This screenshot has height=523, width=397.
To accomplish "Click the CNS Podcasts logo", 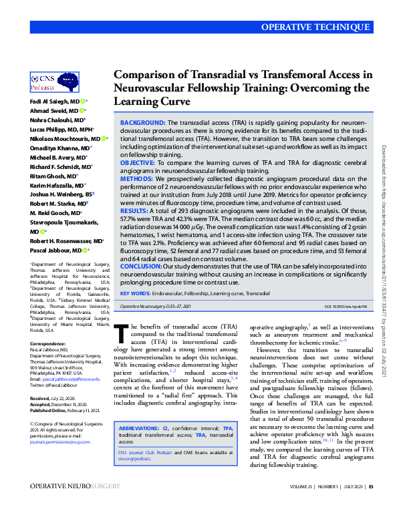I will tap(47, 82).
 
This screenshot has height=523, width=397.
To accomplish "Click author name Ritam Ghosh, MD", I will tap(51, 176).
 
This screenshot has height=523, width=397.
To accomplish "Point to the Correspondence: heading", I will tap(48, 343).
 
